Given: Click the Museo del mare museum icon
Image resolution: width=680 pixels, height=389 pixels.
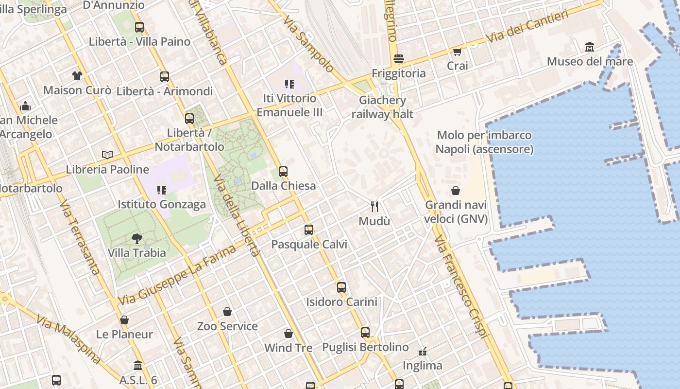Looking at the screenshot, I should pos(590,47).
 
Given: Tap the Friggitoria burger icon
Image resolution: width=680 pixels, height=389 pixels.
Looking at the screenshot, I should pos(399,59).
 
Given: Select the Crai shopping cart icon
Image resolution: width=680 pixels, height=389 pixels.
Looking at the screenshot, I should pos(457,52).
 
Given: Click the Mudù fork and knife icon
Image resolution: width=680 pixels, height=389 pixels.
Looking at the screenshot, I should pos(374,207).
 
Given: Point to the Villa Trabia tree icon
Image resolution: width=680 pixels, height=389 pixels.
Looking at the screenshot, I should pos(137,238).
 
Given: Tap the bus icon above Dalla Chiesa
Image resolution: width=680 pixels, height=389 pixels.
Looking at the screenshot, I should pos(283,171).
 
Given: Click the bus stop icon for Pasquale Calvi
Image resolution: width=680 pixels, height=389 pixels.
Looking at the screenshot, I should pos(309,230).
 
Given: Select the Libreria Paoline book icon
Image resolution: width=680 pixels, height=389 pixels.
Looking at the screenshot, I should pos(107,155).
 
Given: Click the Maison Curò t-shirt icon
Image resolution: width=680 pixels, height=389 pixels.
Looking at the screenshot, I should pos(77,75).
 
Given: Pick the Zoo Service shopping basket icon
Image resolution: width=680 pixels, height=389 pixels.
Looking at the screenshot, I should pos(227,312).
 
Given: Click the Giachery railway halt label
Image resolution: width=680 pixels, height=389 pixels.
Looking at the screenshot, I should pos(382,107).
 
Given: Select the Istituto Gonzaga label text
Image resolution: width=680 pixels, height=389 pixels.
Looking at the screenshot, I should pos(162,204).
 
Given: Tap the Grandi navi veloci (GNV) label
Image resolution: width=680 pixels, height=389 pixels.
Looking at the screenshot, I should pos(456,212).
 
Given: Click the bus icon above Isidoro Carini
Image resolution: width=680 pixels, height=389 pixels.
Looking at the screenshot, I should pos(341,287).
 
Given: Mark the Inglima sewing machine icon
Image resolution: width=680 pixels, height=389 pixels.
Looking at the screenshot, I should pos(423,351).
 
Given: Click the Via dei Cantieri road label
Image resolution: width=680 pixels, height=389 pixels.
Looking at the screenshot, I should pos(527,27).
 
